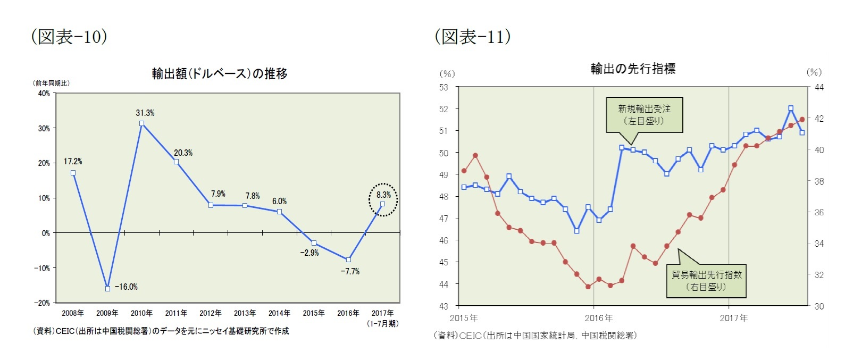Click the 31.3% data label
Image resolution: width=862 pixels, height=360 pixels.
point(145,113)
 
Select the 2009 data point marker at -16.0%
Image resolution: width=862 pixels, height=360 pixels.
point(107,288)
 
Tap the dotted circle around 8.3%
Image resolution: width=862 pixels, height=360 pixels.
point(383,199)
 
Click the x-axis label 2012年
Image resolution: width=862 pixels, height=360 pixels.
point(210,313)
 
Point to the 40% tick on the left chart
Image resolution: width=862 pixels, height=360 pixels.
point(44,94)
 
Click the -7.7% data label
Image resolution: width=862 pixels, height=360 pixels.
point(350,271)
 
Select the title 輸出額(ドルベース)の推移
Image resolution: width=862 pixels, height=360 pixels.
point(220,73)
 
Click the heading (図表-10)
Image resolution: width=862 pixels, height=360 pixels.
point(69,36)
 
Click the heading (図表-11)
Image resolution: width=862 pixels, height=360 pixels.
point(473,36)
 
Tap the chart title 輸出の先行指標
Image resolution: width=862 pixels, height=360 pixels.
point(633,68)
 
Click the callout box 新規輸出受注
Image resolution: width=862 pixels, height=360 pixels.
point(644,114)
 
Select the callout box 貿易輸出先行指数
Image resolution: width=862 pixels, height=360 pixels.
point(706,281)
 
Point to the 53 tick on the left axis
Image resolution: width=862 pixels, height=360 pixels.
point(443,87)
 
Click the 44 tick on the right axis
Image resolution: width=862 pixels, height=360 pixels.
point(819,87)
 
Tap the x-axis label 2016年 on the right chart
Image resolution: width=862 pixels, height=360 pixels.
point(599,318)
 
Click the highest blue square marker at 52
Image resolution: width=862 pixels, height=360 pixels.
point(791,108)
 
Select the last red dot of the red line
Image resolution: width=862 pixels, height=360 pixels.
point(802,120)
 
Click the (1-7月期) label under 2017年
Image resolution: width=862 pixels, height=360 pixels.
point(382,323)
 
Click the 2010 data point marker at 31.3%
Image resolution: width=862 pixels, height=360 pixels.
point(141,123)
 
